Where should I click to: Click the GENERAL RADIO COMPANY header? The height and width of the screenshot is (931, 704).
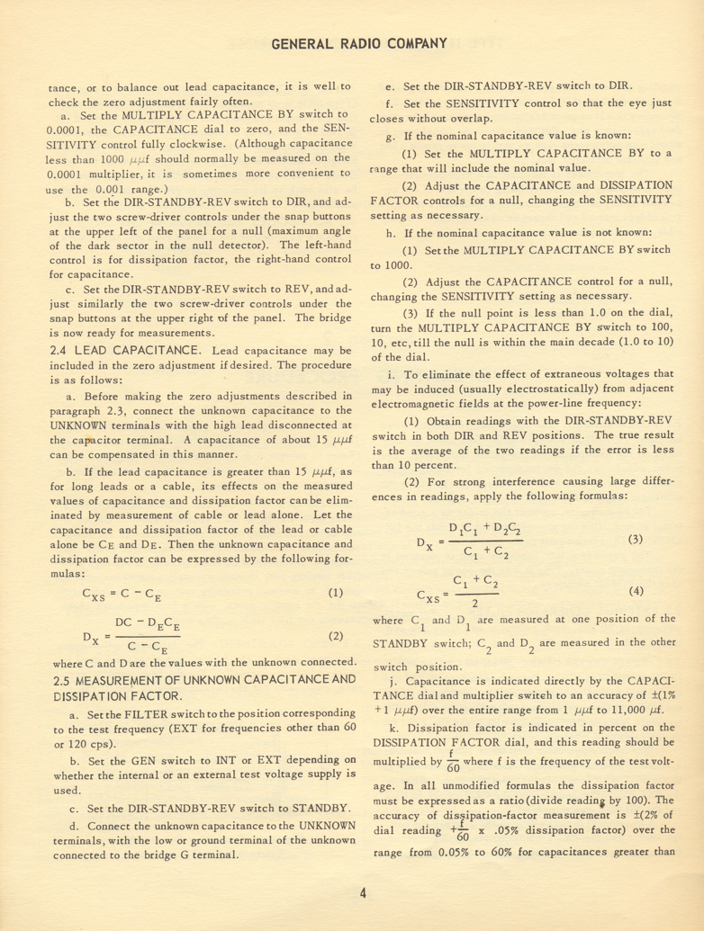[360, 42]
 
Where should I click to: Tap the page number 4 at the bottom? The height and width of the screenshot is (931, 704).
[361, 892]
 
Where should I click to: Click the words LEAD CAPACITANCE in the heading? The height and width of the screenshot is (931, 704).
[139, 323]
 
